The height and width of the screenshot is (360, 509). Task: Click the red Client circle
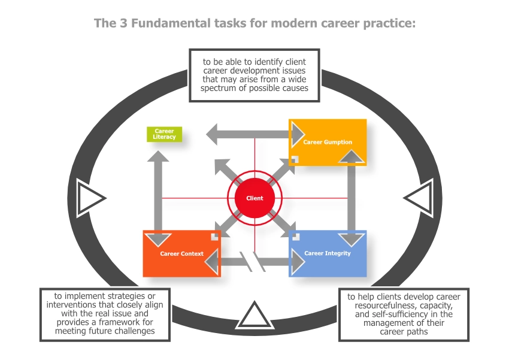254,198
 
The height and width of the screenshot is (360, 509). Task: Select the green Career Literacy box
164,134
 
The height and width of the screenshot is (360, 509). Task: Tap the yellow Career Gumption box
327,142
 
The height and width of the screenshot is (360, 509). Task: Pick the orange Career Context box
181,253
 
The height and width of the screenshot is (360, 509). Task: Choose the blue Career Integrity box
328,253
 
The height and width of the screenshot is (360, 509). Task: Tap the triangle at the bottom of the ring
255,316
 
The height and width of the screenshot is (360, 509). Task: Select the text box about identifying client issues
255,75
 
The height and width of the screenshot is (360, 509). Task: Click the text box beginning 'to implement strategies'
105,313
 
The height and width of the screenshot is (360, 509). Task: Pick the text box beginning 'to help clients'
404,314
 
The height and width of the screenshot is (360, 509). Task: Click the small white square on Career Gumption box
295,159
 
